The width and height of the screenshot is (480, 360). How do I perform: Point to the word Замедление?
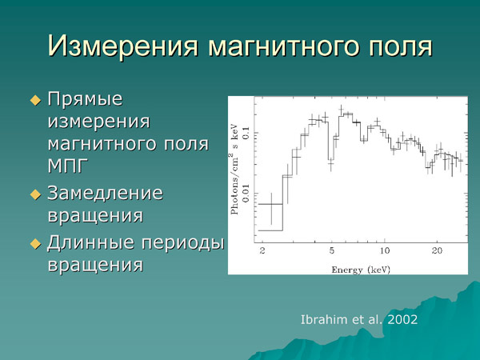click(106, 193)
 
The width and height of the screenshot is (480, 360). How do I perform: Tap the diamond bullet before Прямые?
click(34, 101)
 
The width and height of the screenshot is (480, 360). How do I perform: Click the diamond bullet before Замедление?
click(34, 194)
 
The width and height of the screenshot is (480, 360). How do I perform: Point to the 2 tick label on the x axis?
click(262, 251)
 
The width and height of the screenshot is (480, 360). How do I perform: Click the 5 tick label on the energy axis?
click(332, 251)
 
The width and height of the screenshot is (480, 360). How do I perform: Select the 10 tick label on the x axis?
click(385, 251)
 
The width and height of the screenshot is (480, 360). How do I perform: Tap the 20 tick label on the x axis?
click(438, 251)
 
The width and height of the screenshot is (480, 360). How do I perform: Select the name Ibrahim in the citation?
click(321, 319)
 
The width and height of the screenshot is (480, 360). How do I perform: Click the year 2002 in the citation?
click(400, 319)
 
